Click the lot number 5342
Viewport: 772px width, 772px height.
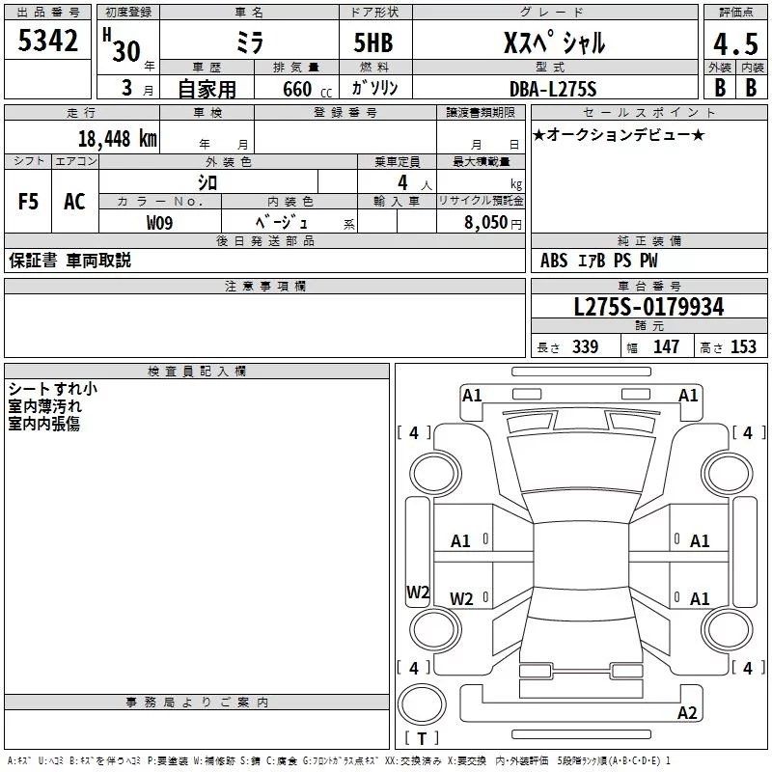47,41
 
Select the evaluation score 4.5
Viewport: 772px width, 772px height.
735,44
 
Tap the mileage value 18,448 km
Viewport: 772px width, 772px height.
118,139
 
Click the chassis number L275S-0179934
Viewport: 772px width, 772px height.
648,307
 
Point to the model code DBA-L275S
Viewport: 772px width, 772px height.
553,89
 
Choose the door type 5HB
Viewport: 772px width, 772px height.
373,42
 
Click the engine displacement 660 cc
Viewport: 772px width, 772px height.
307,90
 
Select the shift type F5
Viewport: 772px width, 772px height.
28,202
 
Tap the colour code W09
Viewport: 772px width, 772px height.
159,223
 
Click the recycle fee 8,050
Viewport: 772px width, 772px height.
485,222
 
